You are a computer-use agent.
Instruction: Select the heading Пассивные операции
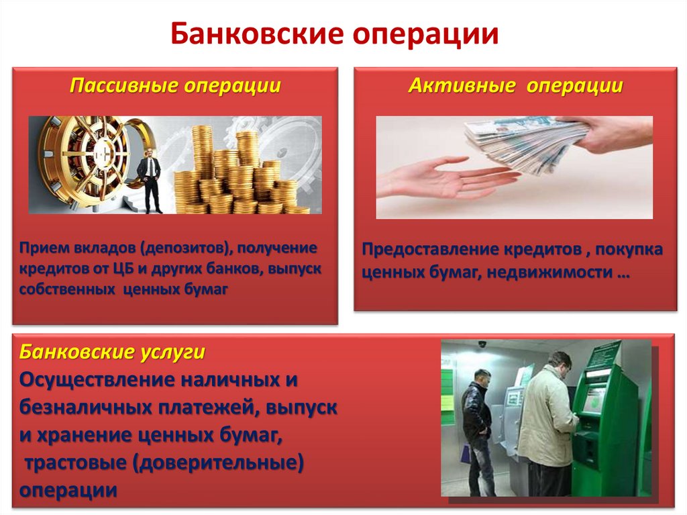[176, 86]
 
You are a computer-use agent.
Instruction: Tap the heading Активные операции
[515, 86]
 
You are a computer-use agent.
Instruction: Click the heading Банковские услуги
[112, 352]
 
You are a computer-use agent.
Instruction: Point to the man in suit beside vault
[149, 176]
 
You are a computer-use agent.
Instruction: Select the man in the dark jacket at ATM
[477, 430]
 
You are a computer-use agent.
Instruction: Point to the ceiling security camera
[481, 344]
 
